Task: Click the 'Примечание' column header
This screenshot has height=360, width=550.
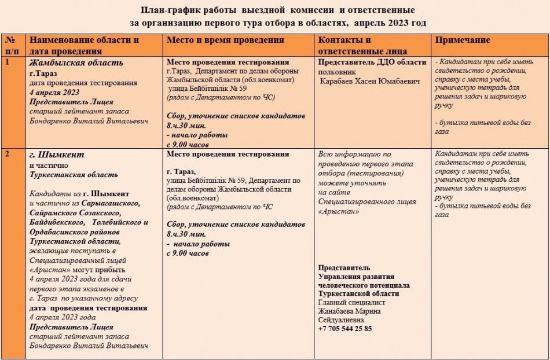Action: [463, 40]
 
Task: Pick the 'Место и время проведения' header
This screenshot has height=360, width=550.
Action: [225, 40]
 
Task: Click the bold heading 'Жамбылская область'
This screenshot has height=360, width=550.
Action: [76, 63]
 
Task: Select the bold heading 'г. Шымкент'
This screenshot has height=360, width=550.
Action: [57, 155]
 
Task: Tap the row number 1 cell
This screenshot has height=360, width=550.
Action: [8, 62]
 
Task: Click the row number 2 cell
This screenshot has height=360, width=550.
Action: [8, 154]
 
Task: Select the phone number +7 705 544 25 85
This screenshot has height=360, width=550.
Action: [345, 329]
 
